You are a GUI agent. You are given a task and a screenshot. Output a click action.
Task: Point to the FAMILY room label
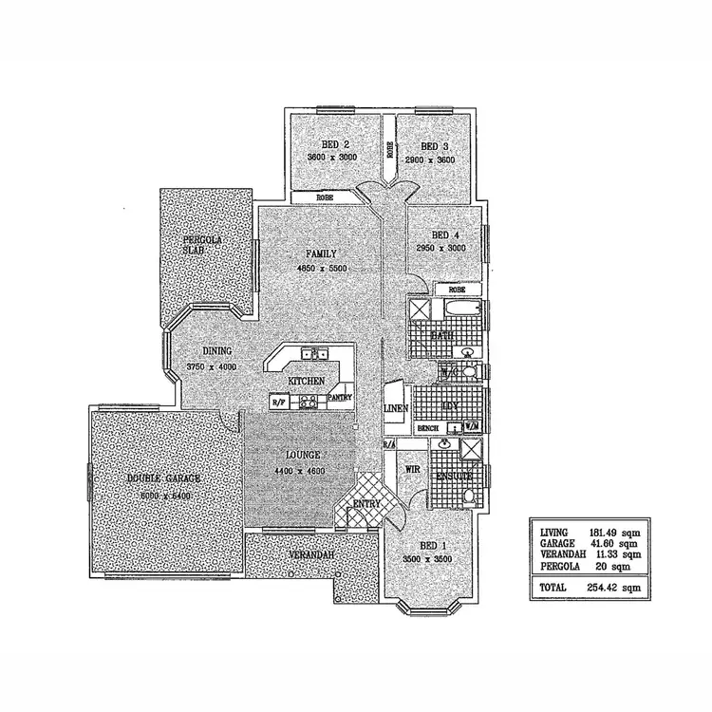pyautogui.click(x=322, y=254)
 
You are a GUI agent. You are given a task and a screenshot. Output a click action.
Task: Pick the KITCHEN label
pyautogui.click(x=307, y=379)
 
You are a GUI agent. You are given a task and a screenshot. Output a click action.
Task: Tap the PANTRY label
pyautogui.click(x=340, y=398)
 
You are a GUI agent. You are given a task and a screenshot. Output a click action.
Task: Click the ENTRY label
pyautogui.click(x=366, y=503)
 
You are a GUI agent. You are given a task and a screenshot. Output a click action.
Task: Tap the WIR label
pyautogui.click(x=413, y=469)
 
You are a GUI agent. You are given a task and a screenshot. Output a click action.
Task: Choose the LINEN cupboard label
pyautogui.click(x=395, y=408)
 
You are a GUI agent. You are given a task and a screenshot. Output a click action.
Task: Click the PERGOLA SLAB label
pyautogui.click(x=202, y=245)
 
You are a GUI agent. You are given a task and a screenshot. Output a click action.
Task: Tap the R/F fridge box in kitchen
pyautogui.click(x=279, y=403)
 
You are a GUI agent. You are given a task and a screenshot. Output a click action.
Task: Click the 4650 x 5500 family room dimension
pyautogui.click(x=322, y=268)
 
